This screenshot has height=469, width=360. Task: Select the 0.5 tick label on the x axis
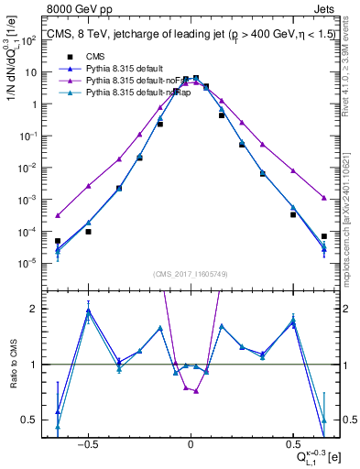pos(292,442)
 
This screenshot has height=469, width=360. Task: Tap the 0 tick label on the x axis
pos(191,442)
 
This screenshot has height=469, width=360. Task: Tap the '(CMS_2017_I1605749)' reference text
pos(191,274)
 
